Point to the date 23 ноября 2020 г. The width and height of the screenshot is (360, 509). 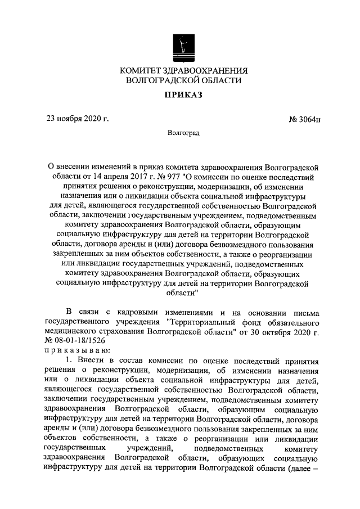[x=78, y=118]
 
